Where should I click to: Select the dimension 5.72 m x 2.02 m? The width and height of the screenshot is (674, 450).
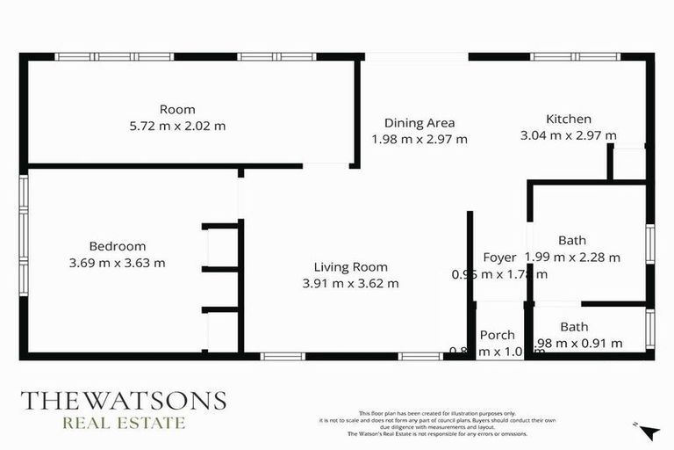point(177,126)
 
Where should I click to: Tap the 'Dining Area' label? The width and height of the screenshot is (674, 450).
point(419,123)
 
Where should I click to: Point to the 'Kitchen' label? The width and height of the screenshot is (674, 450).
point(569,120)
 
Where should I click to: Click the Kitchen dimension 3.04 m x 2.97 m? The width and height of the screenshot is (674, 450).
point(569,135)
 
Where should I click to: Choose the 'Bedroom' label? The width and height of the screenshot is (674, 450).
point(117,246)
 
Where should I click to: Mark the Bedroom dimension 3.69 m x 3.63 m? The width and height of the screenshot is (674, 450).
point(117,262)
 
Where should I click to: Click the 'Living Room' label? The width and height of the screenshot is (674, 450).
point(351,267)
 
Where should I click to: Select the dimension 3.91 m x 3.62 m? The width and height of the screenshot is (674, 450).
point(351,283)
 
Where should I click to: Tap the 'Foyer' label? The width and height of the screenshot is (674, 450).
point(499,258)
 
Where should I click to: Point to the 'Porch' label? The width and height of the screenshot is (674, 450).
point(498,335)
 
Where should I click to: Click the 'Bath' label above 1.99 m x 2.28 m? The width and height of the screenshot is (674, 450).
point(572,240)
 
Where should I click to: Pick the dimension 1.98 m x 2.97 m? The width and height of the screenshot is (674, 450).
point(419,139)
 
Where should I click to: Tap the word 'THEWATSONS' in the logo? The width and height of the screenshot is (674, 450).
point(123,401)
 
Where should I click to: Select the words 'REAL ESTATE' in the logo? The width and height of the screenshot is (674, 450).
point(123,423)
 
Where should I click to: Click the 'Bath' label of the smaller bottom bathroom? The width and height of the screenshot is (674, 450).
point(575,326)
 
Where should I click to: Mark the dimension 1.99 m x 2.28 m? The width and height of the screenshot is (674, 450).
point(572,258)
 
